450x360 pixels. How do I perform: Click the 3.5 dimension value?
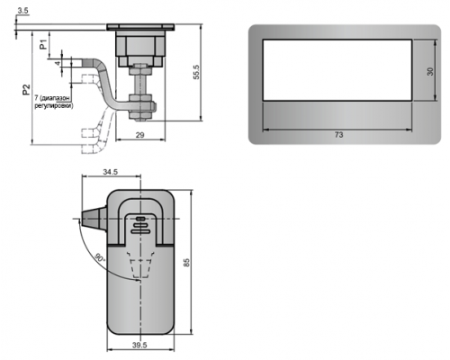click(22, 11)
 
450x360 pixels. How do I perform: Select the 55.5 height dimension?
click(196, 72)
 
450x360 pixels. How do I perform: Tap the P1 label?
click(44, 44)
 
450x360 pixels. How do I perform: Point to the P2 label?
click(26, 89)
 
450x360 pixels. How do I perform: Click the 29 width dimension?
click(139, 135)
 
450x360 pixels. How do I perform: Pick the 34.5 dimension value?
click(111, 172)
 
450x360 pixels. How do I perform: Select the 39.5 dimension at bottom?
click(139, 345)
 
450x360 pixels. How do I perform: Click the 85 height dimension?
click(186, 263)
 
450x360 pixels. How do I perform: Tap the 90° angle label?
click(100, 258)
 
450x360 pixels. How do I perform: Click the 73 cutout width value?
click(338, 135)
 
